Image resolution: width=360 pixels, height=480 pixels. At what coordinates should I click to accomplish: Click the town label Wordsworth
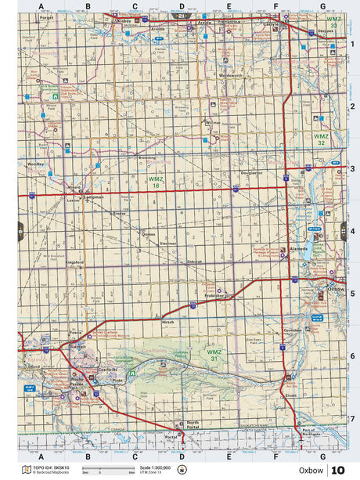tap(232, 75)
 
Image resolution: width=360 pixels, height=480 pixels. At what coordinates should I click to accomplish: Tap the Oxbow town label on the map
tap(337, 289)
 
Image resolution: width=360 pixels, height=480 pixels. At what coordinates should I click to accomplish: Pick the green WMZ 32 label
tap(322, 139)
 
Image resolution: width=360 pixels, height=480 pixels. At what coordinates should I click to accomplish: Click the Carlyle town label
tap(293, 24)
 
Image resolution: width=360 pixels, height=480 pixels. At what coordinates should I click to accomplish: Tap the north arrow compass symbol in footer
tap(182, 470)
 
